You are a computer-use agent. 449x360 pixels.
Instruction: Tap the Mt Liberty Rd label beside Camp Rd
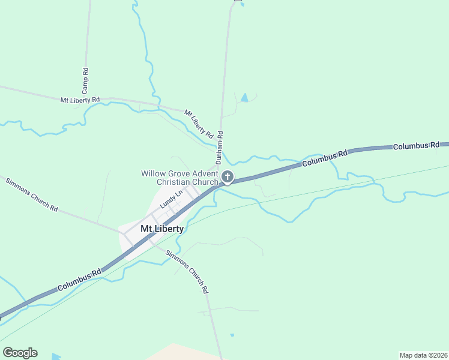tap(80, 100)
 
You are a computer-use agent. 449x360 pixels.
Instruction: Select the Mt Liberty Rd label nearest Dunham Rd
tap(199, 122)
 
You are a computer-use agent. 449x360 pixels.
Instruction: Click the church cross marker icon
tap(228, 177)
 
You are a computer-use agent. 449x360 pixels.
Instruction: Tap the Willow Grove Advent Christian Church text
tap(179, 178)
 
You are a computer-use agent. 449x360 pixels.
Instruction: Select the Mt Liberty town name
tap(162, 229)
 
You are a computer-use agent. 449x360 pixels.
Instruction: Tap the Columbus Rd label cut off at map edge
tap(420, 146)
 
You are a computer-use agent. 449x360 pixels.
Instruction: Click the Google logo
tap(20, 352)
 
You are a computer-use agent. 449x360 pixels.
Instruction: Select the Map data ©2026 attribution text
tap(423, 355)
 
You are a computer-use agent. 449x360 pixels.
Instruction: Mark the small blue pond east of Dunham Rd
tap(244, 97)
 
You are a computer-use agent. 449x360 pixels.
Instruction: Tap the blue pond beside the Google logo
tap(56, 356)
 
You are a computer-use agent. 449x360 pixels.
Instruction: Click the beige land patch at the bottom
tap(180, 352)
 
